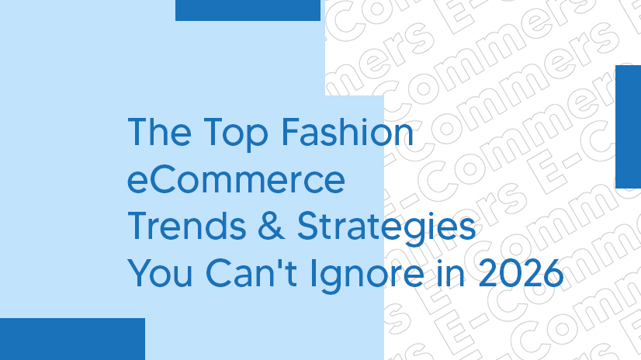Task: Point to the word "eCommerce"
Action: click(x=236, y=181)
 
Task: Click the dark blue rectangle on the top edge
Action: click(x=248, y=10)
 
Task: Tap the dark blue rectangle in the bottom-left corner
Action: click(x=72, y=338)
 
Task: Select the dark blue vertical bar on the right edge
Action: click(x=627, y=126)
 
